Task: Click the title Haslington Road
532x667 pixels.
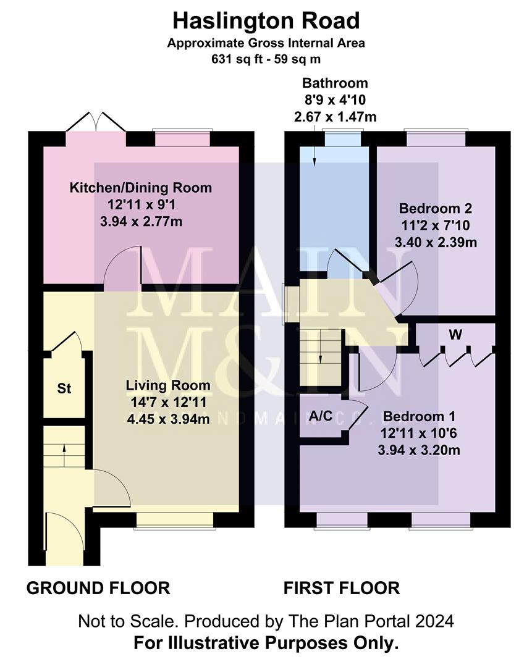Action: tap(266, 22)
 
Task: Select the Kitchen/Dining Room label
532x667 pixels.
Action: tap(140, 188)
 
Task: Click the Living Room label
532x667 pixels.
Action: tap(167, 386)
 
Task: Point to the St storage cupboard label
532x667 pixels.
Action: tap(64, 389)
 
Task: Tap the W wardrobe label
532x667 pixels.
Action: tap(455, 336)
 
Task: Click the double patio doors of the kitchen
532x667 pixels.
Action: tap(96, 122)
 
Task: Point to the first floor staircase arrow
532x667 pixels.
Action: tap(321, 357)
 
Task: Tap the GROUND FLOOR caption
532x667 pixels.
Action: tap(98, 588)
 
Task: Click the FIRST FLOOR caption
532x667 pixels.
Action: tap(341, 588)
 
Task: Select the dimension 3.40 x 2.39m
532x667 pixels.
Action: tap(436, 242)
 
